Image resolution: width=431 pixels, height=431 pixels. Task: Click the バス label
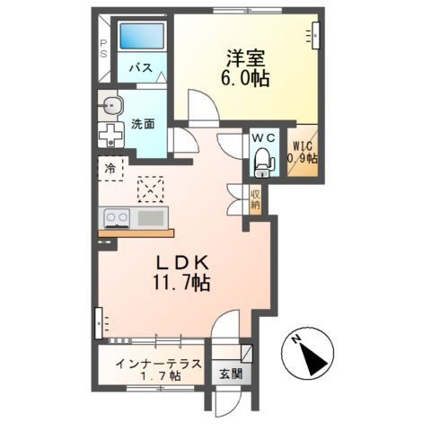[139, 68]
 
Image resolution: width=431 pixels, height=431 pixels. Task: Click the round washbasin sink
[110, 106]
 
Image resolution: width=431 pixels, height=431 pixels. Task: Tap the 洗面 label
[143, 123]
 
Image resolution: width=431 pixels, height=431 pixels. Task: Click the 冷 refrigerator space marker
[110, 167]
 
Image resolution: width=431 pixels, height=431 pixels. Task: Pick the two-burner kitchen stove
[117, 217]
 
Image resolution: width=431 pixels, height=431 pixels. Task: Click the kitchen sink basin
[150, 217]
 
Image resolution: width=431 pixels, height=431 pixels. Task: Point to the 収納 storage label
[255, 199]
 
